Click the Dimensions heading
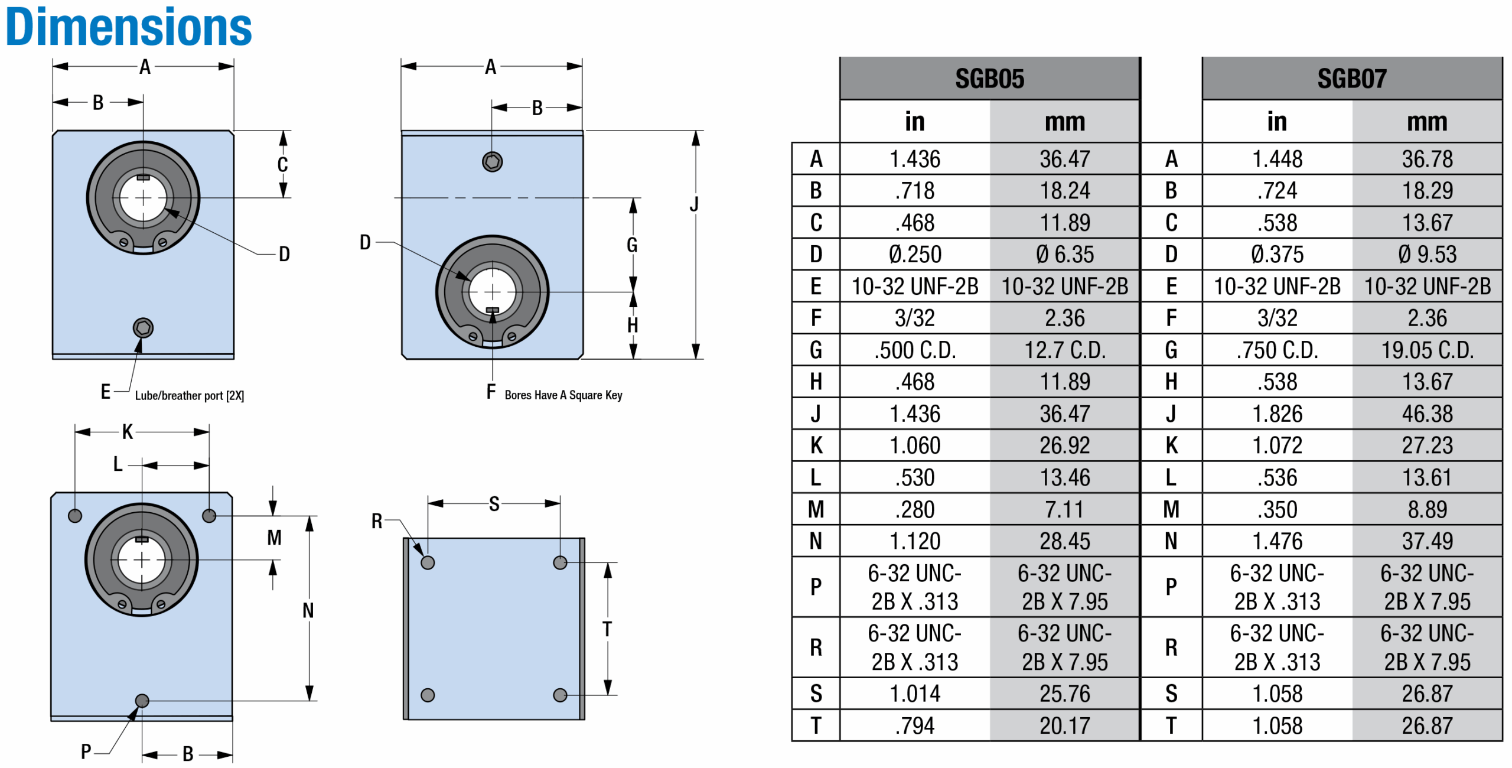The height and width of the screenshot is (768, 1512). pyautogui.click(x=128, y=27)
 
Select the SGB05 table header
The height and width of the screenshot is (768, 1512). pyautogui.click(x=989, y=79)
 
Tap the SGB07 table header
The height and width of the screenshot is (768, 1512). pyautogui.click(x=1351, y=79)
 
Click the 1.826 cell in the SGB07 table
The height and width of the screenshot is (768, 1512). pyautogui.click(x=1277, y=414)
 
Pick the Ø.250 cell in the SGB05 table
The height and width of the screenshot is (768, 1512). pyautogui.click(x=915, y=255)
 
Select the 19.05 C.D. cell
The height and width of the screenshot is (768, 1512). pyautogui.click(x=1427, y=350)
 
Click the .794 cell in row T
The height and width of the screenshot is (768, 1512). pyautogui.click(x=915, y=725)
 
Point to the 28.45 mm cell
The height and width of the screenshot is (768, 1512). pyautogui.click(x=1064, y=541)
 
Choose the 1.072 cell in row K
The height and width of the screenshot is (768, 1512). pyautogui.click(x=1277, y=445)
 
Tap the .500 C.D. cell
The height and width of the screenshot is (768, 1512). pyautogui.click(x=915, y=350)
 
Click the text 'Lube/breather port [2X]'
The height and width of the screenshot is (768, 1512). pyautogui.click(x=189, y=396)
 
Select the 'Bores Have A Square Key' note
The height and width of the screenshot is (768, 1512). pyautogui.click(x=563, y=395)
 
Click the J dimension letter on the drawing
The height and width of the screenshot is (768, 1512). pyautogui.click(x=695, y=204)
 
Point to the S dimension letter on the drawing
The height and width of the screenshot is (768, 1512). pyautogui.click(x=494, y=504)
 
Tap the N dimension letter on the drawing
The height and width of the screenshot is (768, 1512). pyautogui.click(x=308, y=610)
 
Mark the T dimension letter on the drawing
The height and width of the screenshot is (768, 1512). pyautogui.click(x=607, y=629)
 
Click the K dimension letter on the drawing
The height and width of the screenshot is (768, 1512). pyautogui.click(x=128, y=432)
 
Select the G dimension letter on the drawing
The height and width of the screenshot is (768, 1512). pyautogui.click(x=632, y=245)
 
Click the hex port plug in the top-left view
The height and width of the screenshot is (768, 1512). pyautogui.click(x=143, y=328)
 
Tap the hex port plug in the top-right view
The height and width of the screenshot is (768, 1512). pyautogui.click(x=492, y=161)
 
